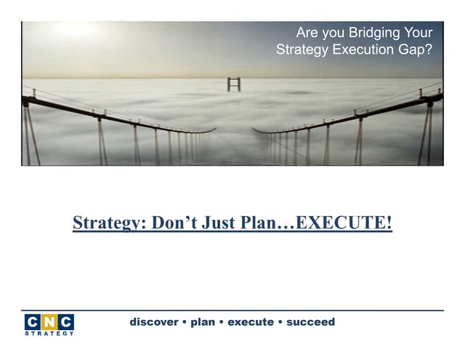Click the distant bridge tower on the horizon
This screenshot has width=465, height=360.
pyautogui.click(x=233, y=83)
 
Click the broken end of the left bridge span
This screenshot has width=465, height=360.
pyautogui.click(x=213, y=130)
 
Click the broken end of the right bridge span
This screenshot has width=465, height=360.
pyautogui.click(x=255, y=131)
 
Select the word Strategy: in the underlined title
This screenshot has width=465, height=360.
pyautogui.click(x=108, y=223)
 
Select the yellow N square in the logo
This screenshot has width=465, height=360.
pyautogui.click(x=48, y=322)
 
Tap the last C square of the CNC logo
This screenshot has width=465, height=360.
pyautogui.click(x=65, y=322)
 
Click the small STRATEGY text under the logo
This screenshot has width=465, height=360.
pyautogui.click(x=48, y=334)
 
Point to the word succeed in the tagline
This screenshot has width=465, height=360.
pyautogui.click(x=311, y=321)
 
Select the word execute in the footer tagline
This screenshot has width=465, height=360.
pyautogui.click(x=251, y=321)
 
